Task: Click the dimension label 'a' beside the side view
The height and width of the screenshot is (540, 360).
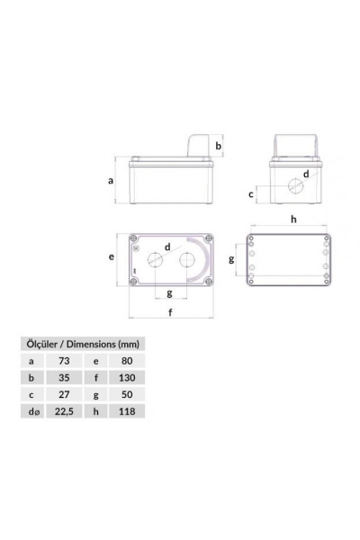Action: pos(111,180)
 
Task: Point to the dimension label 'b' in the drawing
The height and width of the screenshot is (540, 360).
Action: pos(219,145)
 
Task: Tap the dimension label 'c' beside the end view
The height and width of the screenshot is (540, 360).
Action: pos(250,193)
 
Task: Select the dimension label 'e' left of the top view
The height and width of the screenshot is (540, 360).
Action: pos(111,256)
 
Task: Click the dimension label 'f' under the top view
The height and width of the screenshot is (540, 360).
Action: pos(171,312)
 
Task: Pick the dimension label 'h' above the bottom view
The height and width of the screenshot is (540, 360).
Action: pos(292,219)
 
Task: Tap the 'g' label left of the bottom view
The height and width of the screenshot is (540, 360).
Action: pos(230,259)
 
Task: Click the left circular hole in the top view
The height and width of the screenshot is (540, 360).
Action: pos(155,261)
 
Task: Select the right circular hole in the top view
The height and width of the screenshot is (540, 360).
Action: pos(188,261)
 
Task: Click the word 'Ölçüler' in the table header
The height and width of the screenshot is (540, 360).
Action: pos(42,344)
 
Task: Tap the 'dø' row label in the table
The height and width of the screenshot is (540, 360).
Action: pos(34,410)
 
